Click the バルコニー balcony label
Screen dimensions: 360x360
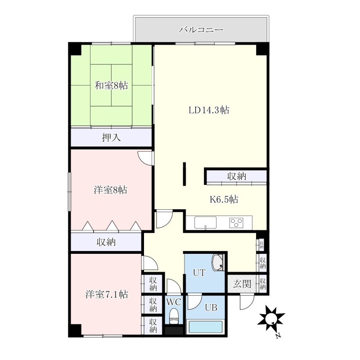coord(201,30)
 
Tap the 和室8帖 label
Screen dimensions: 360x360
coord(111,85)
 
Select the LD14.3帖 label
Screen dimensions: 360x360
coord(209,110)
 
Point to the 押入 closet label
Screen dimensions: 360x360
coord(111,138)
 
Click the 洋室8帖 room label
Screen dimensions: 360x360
coord(110,190)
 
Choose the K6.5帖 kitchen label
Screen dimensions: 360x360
coord(224,199)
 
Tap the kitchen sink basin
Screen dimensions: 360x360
coord(206,222)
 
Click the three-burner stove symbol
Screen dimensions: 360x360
coord(236,223)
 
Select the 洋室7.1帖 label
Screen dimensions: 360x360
coord(107,294)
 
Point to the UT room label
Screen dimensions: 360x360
coord(199,273)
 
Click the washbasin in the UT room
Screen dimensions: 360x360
coord(218,263)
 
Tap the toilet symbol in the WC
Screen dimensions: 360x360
coord(174,316)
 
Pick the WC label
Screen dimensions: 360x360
coord(174,302)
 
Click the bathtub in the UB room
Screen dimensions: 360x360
coord(206,327)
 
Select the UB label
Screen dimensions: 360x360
coord(211,307)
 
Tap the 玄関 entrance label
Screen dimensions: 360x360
coord(242,284)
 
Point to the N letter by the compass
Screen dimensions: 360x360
coord(278,335)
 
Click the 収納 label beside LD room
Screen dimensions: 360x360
coord(237,176)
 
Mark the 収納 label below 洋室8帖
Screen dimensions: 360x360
coord(106,242)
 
